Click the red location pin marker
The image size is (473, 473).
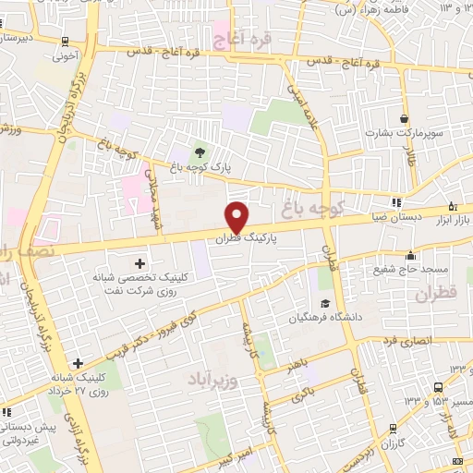tap(237, 216)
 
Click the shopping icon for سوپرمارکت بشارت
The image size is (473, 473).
tap(405, 118)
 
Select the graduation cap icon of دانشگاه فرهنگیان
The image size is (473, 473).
tap(324, 303)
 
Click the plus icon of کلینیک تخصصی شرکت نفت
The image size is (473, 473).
tap(139, 264)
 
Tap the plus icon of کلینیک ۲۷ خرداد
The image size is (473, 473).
tap(79, 363)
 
